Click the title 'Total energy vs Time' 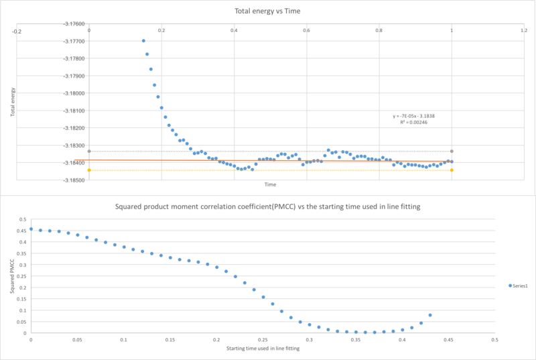click(x=268, y=11)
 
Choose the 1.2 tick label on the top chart click(x=524, y=31)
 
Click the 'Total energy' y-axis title click(x=13, y=103)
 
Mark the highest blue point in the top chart click(x=143, y=41)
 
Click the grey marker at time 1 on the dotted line click(x=452, y=152)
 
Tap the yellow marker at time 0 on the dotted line click(x=89, y=170)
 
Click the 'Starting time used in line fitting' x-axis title click(x=263, y=349)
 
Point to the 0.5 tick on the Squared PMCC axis click(x=22, y=219)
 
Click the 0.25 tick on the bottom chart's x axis click(x=263, y=341)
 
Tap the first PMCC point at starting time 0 click(x=31, y=229)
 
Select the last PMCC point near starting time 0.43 click(x=430, y=315)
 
